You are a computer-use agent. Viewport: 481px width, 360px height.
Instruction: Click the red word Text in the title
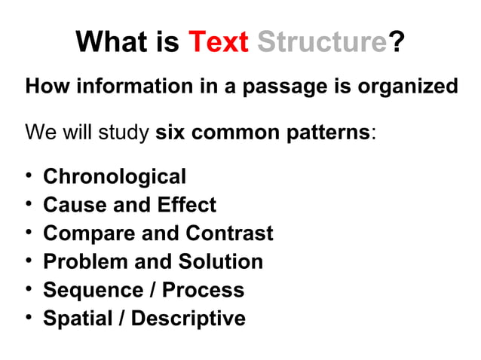tap(218, 42)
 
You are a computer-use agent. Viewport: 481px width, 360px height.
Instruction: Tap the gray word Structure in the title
tap(321, 42)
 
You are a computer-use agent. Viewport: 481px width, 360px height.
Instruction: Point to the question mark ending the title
tap(395, 42)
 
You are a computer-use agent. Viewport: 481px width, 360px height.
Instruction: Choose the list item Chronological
tap(115, 177)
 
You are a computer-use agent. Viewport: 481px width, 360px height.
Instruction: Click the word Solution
tap(220, 261)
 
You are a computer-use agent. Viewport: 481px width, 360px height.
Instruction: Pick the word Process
tap(204, 290)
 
